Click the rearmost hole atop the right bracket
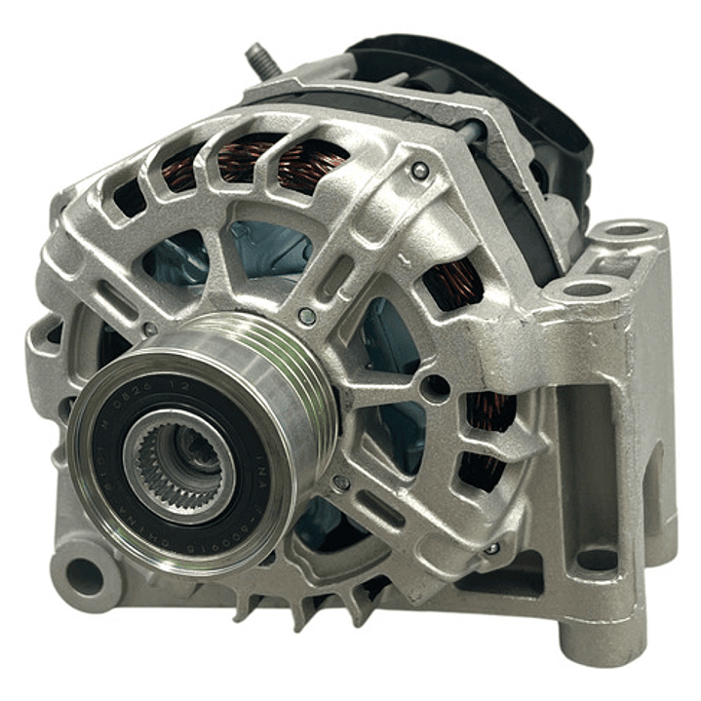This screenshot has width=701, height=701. click(x=628, y=231)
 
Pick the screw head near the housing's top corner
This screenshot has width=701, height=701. click(x=420, y=171)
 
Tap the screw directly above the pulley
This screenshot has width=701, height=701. click(x=307, y=315)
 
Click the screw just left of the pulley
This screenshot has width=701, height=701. click(x=150, y=330)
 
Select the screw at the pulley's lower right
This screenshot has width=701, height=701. click(x=339, y=483)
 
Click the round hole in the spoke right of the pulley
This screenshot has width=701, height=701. click(x=436, y=387)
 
